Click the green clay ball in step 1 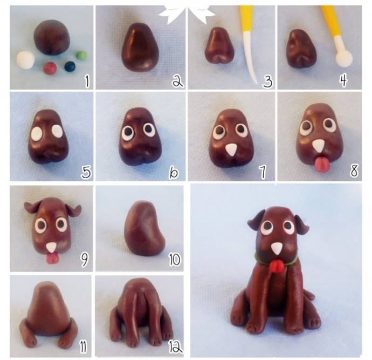click(x=81, y=56)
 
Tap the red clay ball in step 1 click(x=50, y=68)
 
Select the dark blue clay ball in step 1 click(x=70, y=66)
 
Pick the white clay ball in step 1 click(x=26, y=60)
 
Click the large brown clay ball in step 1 click(x=52, y=37)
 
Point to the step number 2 click(x=178, y=81)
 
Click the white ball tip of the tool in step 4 click(x=344, y=58)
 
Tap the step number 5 click(x=86, y=172)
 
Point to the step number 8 click(x=354, y=171)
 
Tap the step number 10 click(x=175, y=260)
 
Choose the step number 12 click(x=175, y=348)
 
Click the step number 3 click(x=267, y=81)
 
